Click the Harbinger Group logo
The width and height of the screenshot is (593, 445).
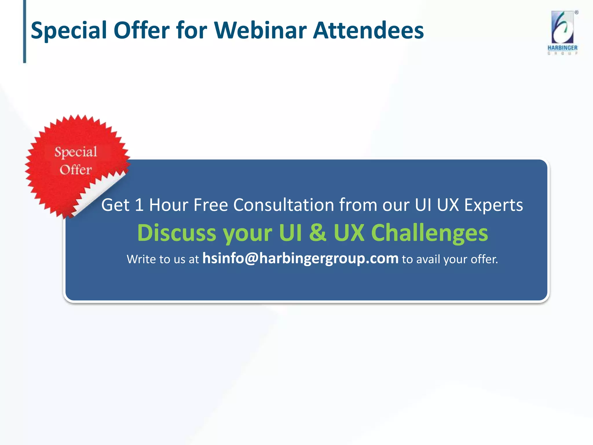(x=562, y=32)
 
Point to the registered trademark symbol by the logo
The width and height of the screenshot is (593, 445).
(x=576, y=12)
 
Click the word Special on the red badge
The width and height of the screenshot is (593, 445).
(x=76, y=152)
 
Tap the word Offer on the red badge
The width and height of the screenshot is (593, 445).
(x=76, y=170)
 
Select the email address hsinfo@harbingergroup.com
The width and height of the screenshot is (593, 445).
(x=300, y=258)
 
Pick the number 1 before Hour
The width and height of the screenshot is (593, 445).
(x=139, y=205)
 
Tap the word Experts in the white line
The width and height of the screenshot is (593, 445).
(x=493, y=205)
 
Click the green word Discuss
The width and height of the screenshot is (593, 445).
(x=177, y=233)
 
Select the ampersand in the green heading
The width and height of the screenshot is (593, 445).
(x=318, y=233)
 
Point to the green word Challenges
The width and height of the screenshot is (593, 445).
(x=429, y=233)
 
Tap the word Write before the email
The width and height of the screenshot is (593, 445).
(x=141, y=259)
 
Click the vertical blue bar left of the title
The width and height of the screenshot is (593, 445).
(x=25, y=31)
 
